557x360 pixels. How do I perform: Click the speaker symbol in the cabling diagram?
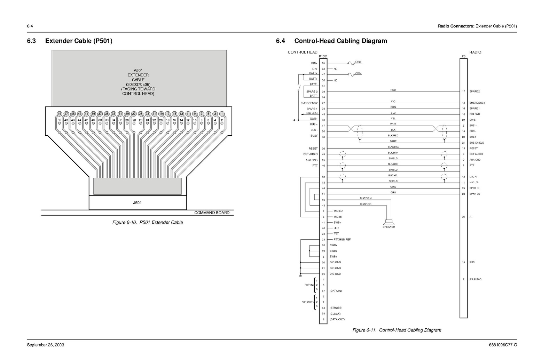coord(389,222)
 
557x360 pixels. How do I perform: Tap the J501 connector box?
coord(138,203)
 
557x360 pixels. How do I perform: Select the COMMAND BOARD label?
coord(212,213)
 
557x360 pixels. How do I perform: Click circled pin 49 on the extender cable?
coord(59,114)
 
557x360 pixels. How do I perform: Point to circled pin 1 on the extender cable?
coord(222,114)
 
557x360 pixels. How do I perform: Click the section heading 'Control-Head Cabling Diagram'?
coord(340,41)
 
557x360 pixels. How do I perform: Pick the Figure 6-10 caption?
coord(148,222)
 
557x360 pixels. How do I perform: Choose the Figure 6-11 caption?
coord(397,330)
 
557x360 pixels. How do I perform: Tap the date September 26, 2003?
coord(46,345)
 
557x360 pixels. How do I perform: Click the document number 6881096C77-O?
coord(503,345)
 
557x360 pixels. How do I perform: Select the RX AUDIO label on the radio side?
coord(475,279)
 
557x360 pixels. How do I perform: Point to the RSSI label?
coord(472,262)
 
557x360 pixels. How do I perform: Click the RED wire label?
coord(393,90)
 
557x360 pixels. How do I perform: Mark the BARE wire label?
coord(393,141)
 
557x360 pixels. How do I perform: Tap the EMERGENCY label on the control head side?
coord(309,103)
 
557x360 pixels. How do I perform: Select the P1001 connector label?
coord(323,56)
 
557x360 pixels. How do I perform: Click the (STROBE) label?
coord(336,308)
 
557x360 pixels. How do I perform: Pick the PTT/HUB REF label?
coord(342,240)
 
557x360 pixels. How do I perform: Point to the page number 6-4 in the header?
coord(30,26)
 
